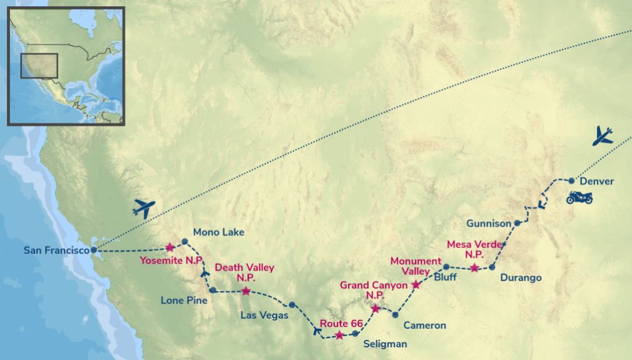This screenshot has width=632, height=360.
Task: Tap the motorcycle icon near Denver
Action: (x=579, y=198)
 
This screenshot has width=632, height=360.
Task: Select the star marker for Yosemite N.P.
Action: (x=170, y=247)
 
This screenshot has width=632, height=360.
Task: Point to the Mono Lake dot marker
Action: (x=185, y=242)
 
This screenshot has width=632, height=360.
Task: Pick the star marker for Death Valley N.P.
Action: (x=246, y=291)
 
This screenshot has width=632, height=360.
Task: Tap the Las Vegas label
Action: (x=265, y=315)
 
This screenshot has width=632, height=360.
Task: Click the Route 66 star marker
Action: (x=339, y=335)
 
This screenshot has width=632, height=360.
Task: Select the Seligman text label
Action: (x=385, y=344)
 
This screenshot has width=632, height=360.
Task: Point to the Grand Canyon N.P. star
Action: (x=375, y=309)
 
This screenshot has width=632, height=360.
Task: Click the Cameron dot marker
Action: (x=395, y=315)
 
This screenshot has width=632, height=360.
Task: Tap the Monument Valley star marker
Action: (x=415, y=285)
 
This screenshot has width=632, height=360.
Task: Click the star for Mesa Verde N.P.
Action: (x=474, y=268)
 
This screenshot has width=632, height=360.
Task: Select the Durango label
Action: (x=521, y=277)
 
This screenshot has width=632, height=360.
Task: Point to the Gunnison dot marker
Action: (x=517, y=223)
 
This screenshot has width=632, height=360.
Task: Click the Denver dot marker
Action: (x=571, y=180)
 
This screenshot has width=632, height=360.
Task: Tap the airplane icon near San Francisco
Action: (x=144, y=208)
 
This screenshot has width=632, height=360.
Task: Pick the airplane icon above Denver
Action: (x=603, y=135)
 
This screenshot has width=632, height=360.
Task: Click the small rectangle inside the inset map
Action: (x=39, y=66)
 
